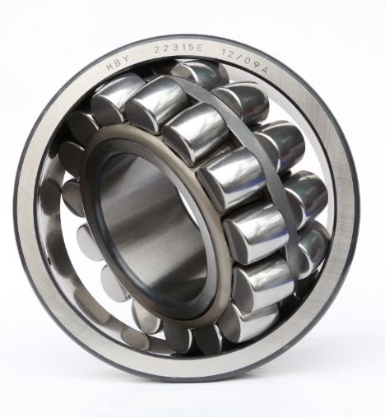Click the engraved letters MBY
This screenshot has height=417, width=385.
pos(118,62)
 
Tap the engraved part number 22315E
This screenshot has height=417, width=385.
pos(178,49)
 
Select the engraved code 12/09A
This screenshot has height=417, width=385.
pos(245,62)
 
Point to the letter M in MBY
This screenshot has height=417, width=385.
pos(109,67)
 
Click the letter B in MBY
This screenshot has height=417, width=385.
pos(118,63)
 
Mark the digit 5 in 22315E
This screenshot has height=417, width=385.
pos(192,49)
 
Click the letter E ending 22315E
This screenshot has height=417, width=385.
pos(199,49)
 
